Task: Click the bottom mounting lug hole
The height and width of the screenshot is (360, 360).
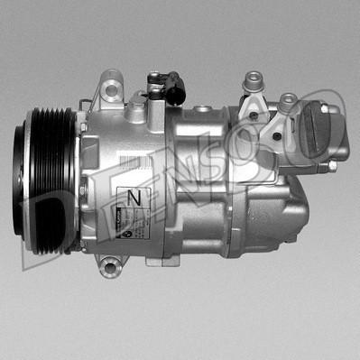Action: tap(109, 265)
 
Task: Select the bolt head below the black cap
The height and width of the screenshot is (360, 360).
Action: tap(330, 166)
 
